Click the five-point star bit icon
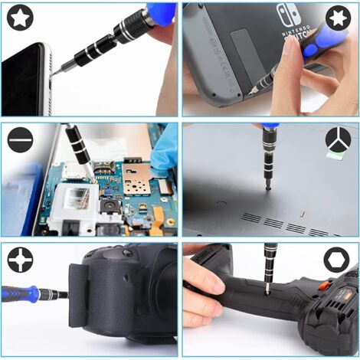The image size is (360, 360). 19,18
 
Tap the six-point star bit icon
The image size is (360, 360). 337,18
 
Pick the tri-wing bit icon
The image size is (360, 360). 337,140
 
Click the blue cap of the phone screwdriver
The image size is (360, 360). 162,13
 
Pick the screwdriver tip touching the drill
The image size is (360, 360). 266,290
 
